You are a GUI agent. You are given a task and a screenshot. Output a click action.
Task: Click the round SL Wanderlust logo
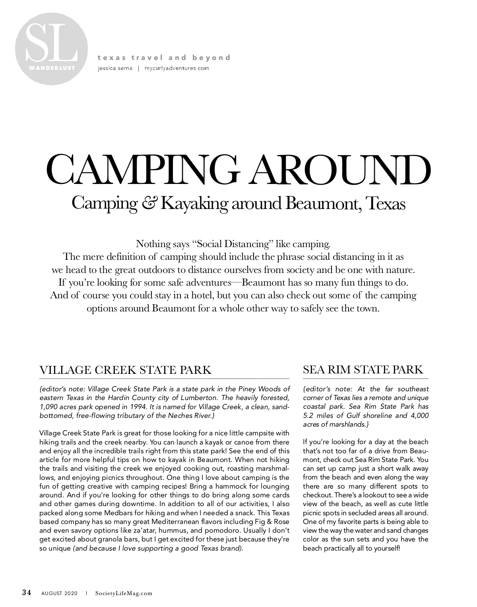click(x=51, y=49)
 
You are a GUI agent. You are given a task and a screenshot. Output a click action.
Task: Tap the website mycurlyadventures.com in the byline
click(x=177, y=68)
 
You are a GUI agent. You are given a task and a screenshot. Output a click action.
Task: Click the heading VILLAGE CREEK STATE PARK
click(x=125, y=370)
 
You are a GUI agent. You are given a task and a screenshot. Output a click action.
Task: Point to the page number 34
click(x=27, y=593)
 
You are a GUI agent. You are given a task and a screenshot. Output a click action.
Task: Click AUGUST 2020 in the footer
click(x=60, y=593)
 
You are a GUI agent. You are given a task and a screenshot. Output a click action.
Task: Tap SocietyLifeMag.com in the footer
click(x=124, y=593)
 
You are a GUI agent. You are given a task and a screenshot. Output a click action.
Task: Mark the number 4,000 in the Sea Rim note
click(x=419, y=416)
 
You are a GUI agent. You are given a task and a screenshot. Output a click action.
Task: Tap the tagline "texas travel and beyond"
click(x=164, y=58)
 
